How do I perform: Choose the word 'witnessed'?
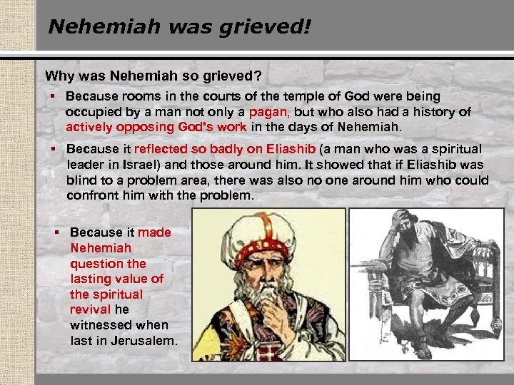click(x=99, y=325)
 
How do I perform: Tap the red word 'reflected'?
click(x=161, y=149)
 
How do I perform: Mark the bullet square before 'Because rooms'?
click(x=54, y=96)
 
